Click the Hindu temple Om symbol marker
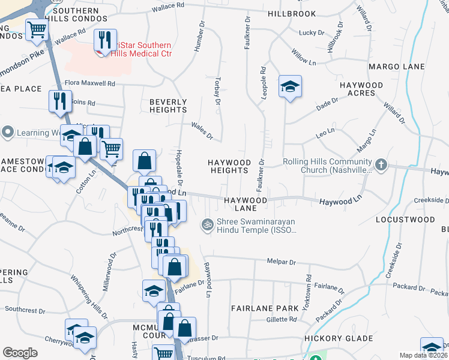coord(207,224)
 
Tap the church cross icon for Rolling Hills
coord(381,164)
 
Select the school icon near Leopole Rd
coord(289,88)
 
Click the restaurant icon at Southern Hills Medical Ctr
coord(105,41)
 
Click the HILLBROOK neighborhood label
coord(292,13)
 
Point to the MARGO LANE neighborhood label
coord(397,66)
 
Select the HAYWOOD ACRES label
coord(361,89)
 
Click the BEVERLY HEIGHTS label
coord(168,106)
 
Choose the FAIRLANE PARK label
coord(265,308)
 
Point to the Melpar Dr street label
coord(281,262)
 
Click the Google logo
coord(20,353)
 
